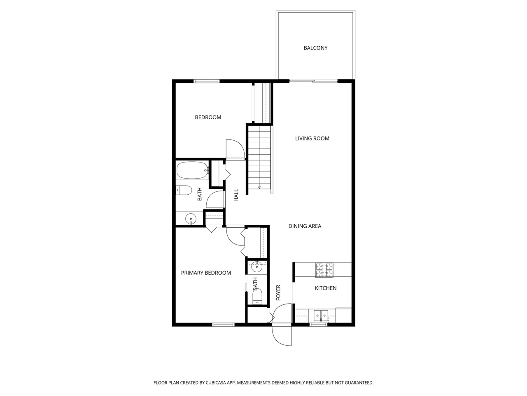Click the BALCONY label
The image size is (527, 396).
315,48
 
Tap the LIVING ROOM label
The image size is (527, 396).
312,139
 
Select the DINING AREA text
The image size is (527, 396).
305,226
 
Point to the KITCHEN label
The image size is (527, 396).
326,288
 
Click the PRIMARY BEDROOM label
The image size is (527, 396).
206,273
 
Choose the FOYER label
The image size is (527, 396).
278,292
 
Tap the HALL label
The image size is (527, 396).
236,195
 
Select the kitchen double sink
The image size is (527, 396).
320,316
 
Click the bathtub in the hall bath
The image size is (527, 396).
192,170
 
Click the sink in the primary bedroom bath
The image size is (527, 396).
257,267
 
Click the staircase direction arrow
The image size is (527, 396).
259,187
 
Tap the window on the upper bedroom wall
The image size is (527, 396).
207,81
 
